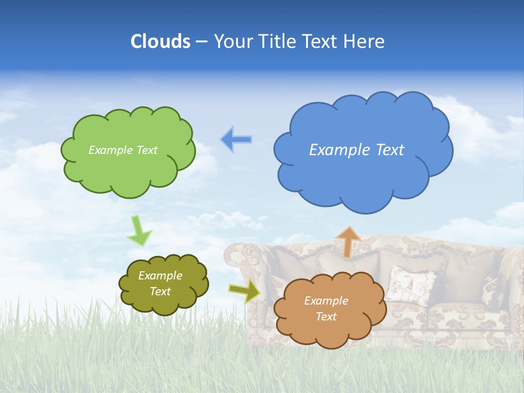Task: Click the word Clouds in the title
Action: [160, 41]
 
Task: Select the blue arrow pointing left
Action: [236, 140]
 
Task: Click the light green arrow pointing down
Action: [139, 231]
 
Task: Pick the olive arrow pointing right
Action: [244, 291]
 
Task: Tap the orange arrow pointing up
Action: [348, 241]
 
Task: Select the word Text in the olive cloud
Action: [160, 291]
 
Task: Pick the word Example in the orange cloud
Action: [326, 301]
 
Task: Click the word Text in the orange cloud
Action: [326, 317]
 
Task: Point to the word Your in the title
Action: [231, 41]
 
